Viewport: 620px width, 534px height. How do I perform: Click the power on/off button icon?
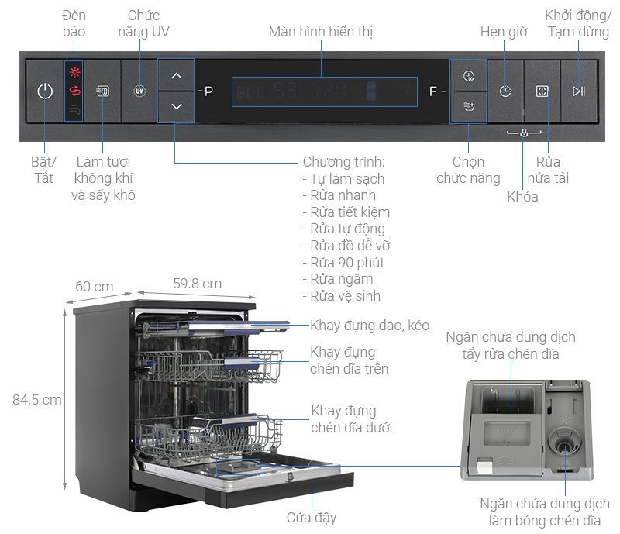click(x=45, y=91)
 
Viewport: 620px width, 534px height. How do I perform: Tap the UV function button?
click(x=139, y=91)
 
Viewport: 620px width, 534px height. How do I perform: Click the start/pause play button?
click(x=578, y=91)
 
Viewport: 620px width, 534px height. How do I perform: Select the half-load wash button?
click(x=542, y=91)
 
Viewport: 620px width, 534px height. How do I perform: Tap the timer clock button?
click(x=505, y=91)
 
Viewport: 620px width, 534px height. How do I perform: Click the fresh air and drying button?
click(x=103, y=91)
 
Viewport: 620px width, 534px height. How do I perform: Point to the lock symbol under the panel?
click(x=525, y=133)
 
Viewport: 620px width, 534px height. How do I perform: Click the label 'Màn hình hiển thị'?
click(x=322, y=32)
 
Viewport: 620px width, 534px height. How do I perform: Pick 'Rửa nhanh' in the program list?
click(x=343, y=195)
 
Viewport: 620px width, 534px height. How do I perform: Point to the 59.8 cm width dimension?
click(x=196, y=284)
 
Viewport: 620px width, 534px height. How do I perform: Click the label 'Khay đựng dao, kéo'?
click(x=370, y=326)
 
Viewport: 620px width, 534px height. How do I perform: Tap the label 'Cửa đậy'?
click(x=311, y=517)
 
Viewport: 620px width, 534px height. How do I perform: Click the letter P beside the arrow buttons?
click(x=208, y=91)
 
